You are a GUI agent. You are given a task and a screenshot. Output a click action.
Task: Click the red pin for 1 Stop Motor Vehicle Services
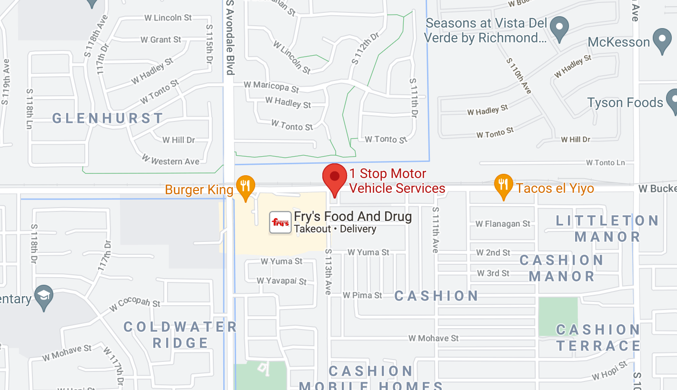335,177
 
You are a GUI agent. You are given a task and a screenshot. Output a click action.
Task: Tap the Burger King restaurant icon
245,186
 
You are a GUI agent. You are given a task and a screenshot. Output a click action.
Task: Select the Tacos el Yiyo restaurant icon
503,185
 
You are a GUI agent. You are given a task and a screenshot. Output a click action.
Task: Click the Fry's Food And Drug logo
280,222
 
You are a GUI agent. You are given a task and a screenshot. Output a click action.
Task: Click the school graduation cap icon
44,297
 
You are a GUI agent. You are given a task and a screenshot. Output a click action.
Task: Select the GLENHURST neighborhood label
108,118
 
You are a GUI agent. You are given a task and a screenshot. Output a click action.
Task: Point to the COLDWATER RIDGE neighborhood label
180,335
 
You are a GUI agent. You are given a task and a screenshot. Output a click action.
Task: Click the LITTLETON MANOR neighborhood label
607,229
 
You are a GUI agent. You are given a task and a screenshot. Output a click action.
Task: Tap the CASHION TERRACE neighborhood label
598,338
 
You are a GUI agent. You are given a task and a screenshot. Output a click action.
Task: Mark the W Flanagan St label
503,223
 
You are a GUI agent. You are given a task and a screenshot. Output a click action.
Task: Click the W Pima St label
362,295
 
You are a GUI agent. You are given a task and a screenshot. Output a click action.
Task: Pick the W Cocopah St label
135,303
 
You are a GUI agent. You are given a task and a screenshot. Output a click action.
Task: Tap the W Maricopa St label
271,87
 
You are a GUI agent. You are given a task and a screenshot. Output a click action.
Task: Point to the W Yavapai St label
281,281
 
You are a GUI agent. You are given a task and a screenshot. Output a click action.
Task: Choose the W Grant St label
161,40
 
